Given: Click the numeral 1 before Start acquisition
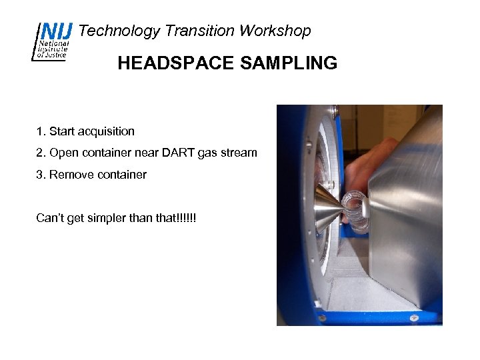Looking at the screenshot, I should coord(39,131).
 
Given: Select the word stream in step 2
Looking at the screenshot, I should coord(239,153).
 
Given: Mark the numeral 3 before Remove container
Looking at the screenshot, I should coord(39,175).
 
